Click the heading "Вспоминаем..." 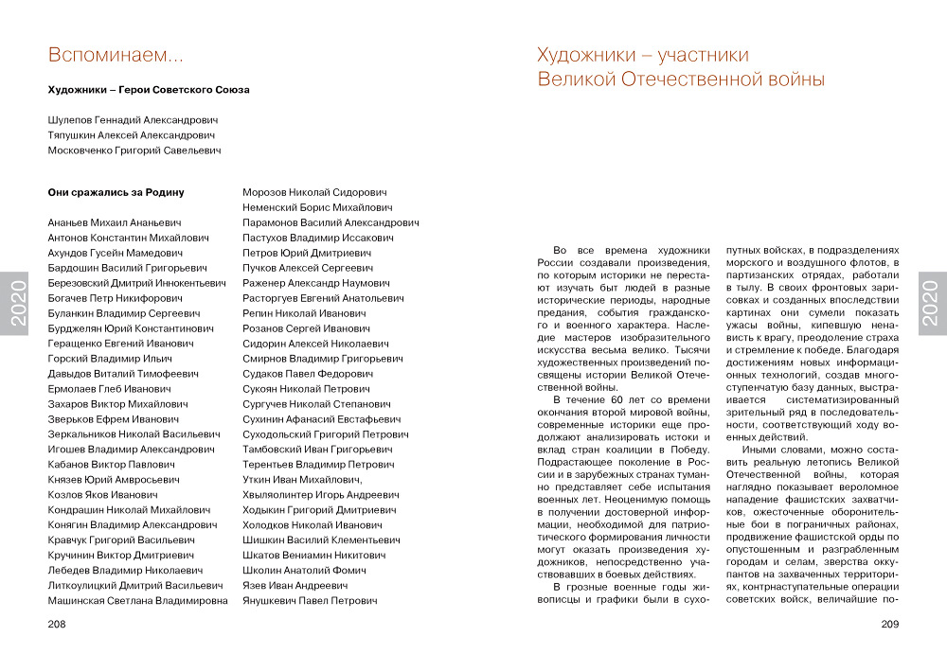[x=116, y=56]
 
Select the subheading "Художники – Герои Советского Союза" [x=149, y=90]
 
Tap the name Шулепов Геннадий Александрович [x=133, y=120]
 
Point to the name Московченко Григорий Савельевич [x=134, y=150]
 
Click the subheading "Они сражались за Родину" [x=116, y=192]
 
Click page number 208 [x=57, y=624]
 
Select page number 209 [x=889, y=624]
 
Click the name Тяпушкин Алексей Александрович [x=132, y=135]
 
